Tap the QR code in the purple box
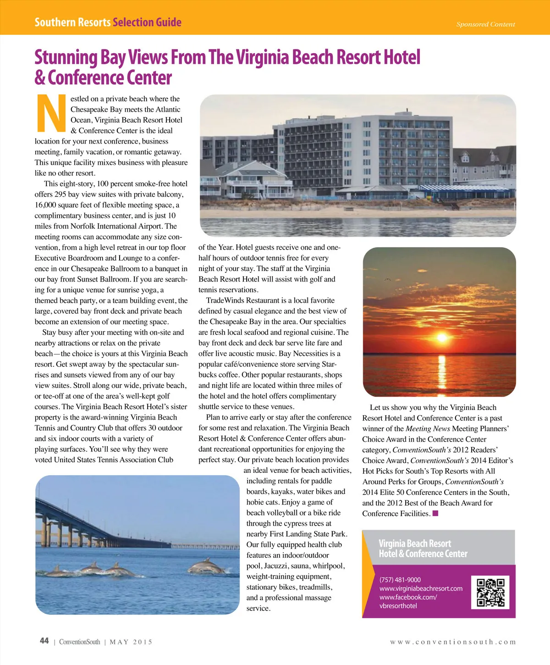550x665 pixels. pyautogui.click(x=490, y=592)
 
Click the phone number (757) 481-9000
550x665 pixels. pyautogui.click(x=400, y=580)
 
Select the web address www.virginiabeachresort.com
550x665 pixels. pyautogui.click(x=421, y=588)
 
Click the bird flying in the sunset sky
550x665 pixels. pyautogui.click(x=388, y=279)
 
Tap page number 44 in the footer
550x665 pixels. pyautogui.click(x=44, y=641)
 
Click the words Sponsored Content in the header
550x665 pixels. pyautogui.click(x=485, y=24)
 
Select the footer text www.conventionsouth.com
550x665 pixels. pyautogui.click(x=453, y=642)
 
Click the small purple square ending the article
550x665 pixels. pyautogui.click(x=435, y=513)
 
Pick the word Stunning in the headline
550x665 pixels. pyautogui.click(x=66, y=58)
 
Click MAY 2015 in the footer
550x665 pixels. pyautogui.click(x=131, y=642)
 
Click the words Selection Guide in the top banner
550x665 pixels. pyautogui.click(x=147, y=22)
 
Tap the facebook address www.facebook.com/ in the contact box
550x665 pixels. pyautogui.click(x=408, y=597)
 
